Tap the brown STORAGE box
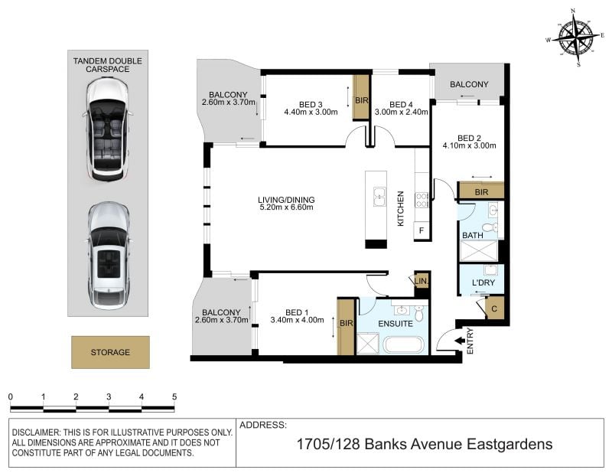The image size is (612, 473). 110,352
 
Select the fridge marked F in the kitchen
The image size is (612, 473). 422,230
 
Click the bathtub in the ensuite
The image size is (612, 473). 402,345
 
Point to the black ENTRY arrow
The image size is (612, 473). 460,341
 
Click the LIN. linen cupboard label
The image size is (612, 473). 422,281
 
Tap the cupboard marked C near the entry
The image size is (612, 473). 494,309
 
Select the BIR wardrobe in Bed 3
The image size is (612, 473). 361,97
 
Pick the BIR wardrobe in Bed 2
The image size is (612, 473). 481,191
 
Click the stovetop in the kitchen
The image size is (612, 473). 422,200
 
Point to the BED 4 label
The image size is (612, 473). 401,104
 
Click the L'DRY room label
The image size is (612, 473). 483,282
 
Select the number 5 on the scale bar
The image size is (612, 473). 174,396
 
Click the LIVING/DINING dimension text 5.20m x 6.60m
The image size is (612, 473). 286,207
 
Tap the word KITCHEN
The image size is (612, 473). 400,209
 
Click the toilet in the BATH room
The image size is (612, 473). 490,227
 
